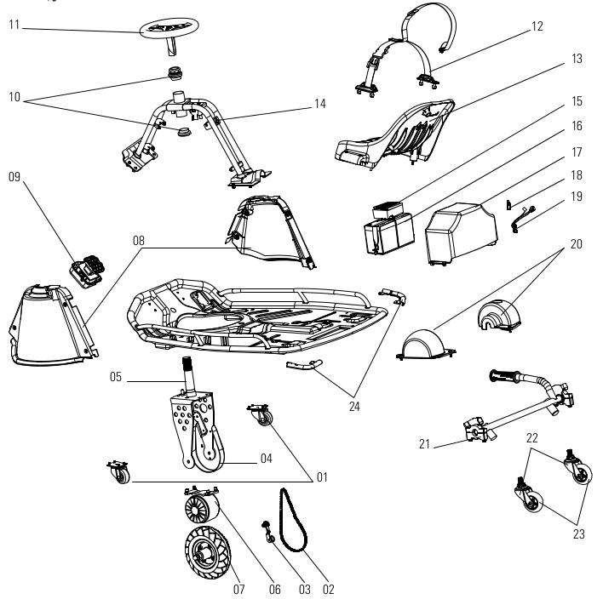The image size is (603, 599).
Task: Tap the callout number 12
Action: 536,26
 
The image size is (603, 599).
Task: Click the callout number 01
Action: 321,477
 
